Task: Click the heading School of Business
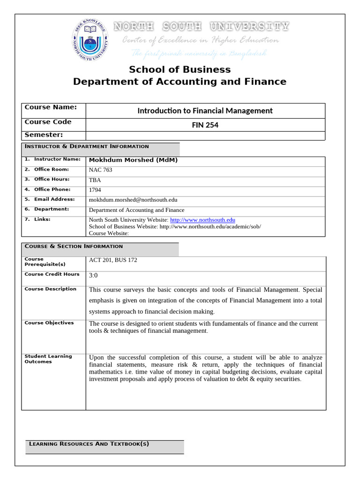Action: (180, 70)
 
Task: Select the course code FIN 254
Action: (205, 125)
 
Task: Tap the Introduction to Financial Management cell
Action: (205, 111)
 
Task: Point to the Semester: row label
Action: (44, 135)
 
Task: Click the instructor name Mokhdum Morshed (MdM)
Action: (133, 160)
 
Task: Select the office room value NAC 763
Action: (101, 170)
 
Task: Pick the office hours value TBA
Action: (95, 180)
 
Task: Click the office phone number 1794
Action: (95, 190)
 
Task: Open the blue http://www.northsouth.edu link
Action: (202, 220)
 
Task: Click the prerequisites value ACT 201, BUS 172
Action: (113, 260)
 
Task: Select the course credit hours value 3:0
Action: (93, 276)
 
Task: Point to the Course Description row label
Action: (50, 289)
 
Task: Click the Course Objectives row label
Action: (49, 323)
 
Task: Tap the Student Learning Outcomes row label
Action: (48, 359)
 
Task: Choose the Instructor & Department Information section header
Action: (87, 147)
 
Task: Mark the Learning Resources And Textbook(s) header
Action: (89, 444)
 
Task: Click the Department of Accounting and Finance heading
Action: (180, 82)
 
